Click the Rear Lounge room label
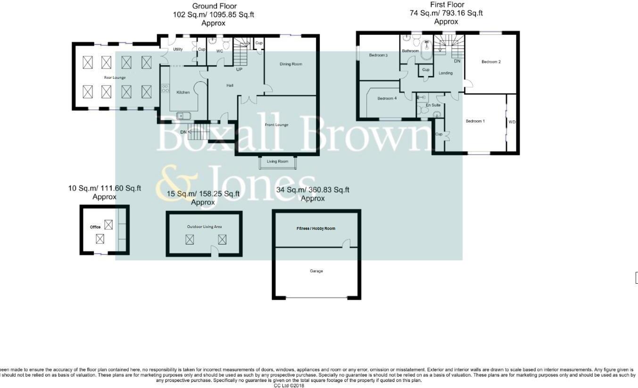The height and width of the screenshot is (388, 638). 115,77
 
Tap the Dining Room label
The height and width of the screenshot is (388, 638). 290,64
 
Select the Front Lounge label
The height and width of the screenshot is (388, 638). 277,125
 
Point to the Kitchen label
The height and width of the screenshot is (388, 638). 183,93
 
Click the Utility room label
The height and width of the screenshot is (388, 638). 178,50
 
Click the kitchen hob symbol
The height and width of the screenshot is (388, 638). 166,88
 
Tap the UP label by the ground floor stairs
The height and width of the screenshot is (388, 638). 239,69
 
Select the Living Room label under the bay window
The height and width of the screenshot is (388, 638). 277,161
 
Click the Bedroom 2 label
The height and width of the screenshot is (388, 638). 491,62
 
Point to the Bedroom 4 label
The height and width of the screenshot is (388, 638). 387,99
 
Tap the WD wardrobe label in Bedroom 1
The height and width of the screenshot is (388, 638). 512,122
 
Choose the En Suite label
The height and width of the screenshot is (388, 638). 433,105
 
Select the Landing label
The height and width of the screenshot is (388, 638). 445,73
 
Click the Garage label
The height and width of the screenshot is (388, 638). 316,271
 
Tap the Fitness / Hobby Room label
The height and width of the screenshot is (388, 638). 316,228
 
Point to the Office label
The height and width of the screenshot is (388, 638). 95,227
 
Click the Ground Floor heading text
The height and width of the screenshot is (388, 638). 214,6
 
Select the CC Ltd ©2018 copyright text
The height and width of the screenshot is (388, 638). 289,386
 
